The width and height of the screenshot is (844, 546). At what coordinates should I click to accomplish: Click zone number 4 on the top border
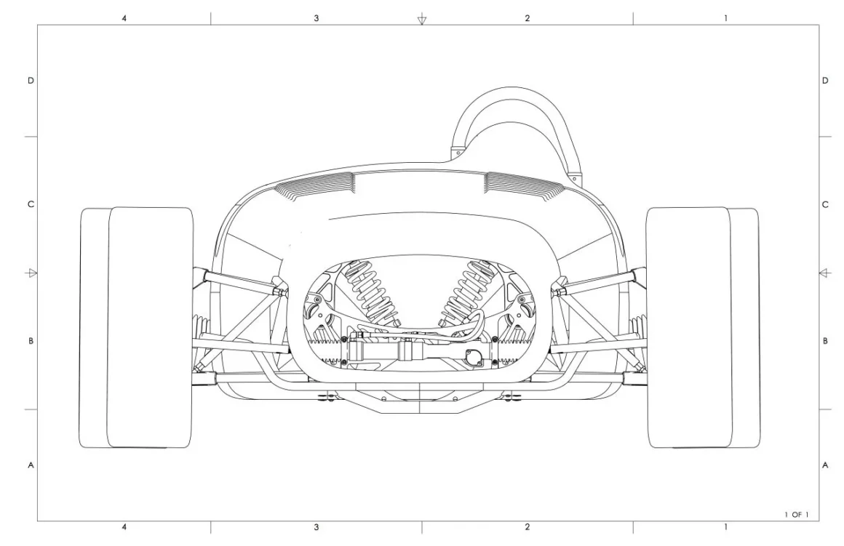point(124,18)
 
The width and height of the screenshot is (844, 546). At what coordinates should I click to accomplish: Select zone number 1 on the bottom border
point(725,527)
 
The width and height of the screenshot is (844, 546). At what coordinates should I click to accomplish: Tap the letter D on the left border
point(31,81)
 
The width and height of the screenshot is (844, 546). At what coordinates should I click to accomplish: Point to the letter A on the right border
point(825,465)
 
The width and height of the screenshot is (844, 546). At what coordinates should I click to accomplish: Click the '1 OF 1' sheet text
point(797,515)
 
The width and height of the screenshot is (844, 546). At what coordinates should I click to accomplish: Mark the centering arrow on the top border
point(422,20)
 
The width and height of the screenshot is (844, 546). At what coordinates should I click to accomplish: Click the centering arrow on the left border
point(31,273)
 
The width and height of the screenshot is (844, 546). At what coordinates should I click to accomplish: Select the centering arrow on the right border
point(824,273)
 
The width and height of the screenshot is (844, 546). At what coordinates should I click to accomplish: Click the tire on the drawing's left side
point(136,328)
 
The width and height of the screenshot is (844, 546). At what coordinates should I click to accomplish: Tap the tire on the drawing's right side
point(703,328)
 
